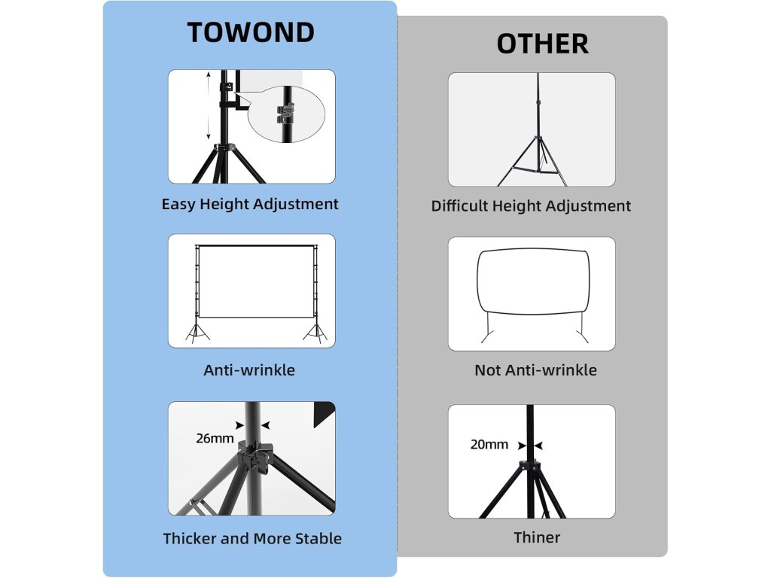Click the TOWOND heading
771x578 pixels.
click(x=250, y=33)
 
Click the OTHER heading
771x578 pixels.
click(x=542, y=44)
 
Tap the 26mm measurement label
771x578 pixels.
click(x=215, y=438)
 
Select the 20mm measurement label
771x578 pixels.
click(x=489, y=444)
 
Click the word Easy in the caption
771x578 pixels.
click(x=178, y=204)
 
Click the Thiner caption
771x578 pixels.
click(x=537, y=537)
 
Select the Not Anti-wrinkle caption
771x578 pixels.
click(x=535, y=370)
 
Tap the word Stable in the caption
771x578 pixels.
click(x=317, y=538)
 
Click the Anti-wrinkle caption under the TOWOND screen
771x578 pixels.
click(x=249, y=370)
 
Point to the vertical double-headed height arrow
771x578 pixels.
click(x=209, y=105)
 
